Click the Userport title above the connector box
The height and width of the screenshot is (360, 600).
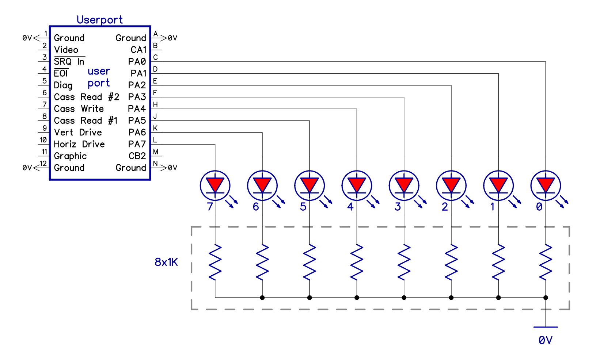99,20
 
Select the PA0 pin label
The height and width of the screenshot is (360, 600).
137,61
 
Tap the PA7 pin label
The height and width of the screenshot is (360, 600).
137,144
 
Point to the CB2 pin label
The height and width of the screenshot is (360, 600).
137,156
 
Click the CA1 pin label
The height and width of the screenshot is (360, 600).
138,50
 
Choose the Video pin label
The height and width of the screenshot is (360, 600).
66,50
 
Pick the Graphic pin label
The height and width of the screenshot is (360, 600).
70,156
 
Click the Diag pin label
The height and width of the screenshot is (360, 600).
63,85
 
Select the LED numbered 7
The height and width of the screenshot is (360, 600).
215,185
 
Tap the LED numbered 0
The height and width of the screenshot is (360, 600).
546,185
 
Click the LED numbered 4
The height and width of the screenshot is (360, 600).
357,185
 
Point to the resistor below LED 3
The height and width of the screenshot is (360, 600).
404,262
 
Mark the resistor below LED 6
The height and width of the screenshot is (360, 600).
262,262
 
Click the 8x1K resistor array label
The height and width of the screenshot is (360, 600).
166,262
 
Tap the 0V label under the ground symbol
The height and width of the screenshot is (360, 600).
545,340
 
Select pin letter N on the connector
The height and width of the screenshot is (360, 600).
155,164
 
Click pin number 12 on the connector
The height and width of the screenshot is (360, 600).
43,164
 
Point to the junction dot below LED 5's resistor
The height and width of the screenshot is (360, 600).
310,298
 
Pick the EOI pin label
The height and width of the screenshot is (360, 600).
61,73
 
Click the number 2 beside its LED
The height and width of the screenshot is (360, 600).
445,207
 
